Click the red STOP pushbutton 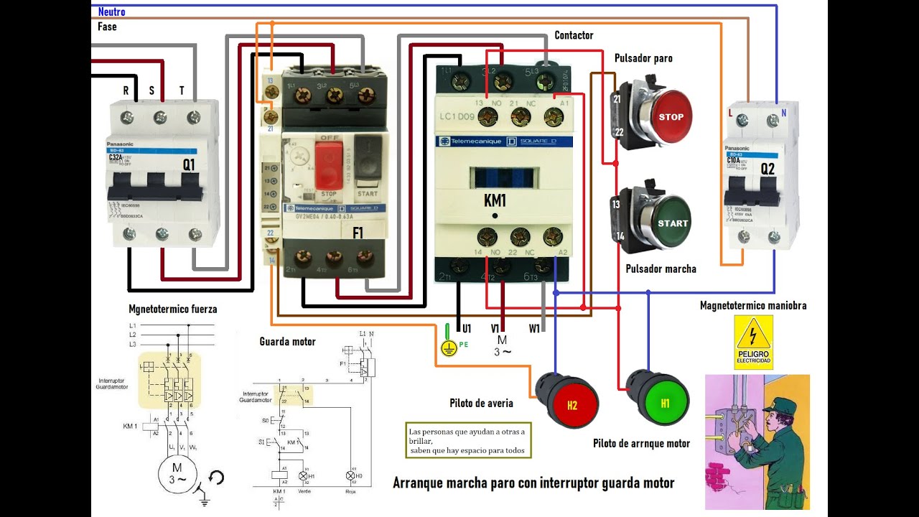671,117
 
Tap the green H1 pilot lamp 664,403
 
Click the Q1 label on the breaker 189,164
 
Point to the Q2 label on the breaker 768,169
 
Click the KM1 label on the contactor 495,201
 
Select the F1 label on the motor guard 358,233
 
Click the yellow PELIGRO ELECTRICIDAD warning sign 752,342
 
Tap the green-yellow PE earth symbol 448,347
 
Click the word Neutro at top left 111,11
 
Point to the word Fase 107,27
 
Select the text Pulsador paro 643,58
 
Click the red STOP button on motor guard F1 329,164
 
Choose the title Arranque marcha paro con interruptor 533,483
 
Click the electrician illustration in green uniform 757,442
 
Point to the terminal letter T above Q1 182,90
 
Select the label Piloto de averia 481,404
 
